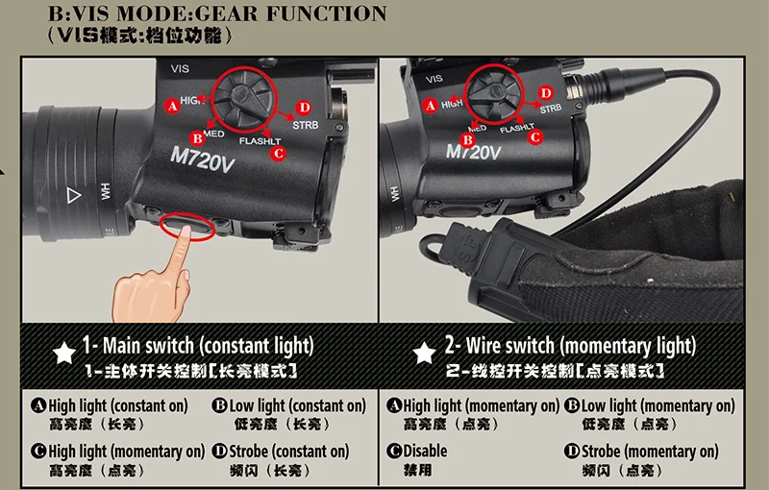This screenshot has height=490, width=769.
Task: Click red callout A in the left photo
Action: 172,106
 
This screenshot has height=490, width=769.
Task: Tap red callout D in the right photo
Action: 545,93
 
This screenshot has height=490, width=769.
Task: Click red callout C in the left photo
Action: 279,154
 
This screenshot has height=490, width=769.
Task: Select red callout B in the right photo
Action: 467,140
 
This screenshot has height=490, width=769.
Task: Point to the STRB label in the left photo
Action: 305,126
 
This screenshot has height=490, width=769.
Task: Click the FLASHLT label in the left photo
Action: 260,141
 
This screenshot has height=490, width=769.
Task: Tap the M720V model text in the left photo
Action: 202,159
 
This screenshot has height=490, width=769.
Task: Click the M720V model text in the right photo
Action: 473,152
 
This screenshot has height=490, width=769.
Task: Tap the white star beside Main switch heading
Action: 64,353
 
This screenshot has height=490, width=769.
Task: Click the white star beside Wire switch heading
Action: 424,353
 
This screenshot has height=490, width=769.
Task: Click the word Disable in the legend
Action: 425,451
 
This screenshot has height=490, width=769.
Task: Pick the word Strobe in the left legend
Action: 248,451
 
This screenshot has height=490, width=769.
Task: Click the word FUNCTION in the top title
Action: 327,13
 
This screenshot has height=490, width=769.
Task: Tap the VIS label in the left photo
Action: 180,68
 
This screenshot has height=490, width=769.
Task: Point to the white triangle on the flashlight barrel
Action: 74,195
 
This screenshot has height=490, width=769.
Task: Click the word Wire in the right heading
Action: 485,346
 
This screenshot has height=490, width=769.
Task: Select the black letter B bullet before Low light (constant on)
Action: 220,405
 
